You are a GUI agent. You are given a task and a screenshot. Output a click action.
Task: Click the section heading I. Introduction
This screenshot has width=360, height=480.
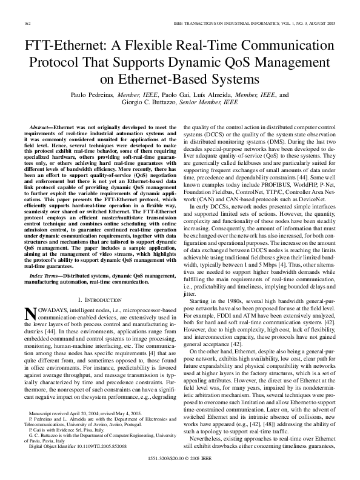100,300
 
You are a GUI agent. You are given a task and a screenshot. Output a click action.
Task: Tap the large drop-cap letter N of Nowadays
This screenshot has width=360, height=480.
30,313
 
